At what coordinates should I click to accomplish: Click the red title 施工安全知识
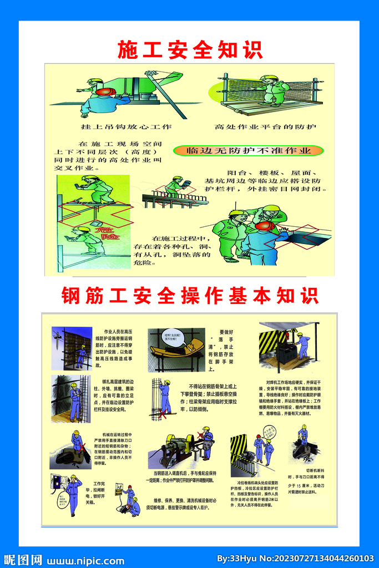[190, 49]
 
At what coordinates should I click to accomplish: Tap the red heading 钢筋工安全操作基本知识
[190, 295]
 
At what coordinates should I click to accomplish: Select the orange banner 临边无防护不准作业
[247, 150]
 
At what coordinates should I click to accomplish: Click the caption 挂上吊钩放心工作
[127, 126]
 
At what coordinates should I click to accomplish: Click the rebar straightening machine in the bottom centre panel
[178, 447]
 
